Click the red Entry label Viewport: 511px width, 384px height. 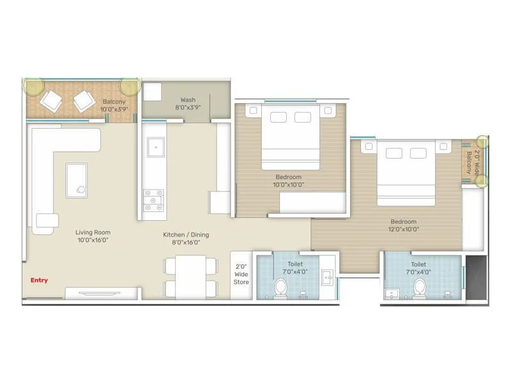tap(39, 280)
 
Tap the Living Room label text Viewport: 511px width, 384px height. tap(93, 233)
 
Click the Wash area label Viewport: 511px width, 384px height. tap(188, 100)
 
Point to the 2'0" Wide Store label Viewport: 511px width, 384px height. tap(241, 274)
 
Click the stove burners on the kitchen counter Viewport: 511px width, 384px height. tap(153, 200)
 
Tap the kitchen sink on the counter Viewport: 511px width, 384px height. tap(154, 148)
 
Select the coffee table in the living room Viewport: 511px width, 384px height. tap(76, 180)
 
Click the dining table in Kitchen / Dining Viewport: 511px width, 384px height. tap(185, 276)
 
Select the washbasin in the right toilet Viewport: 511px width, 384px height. tap(391, 294)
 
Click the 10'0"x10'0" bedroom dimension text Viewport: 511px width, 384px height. tap(289, 184)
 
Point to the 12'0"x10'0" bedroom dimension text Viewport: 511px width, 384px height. tap(403, 229)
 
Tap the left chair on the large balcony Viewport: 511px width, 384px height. tap(50, 100)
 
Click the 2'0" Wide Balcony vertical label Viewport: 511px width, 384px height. tap(471, 163)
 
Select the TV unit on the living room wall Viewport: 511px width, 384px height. tap(102, 293)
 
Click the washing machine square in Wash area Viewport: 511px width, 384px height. tap(151, 93)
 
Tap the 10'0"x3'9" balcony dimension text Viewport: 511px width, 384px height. tap(114, 109)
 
